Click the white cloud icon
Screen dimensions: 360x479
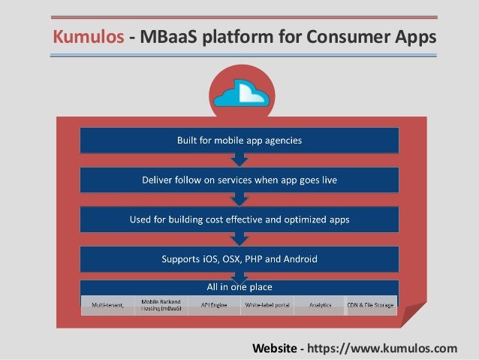(239, 93)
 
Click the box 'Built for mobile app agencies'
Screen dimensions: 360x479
(239, 140)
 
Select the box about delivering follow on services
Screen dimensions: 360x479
(239, 180)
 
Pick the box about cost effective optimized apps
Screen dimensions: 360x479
(239, 219)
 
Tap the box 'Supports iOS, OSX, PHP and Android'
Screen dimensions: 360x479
(239, 259)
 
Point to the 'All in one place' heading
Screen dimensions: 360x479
(239, 287)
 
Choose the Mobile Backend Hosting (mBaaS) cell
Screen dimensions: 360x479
(161, 304)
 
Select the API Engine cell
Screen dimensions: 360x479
(213, 304)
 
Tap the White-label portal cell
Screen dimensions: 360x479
(266, 304)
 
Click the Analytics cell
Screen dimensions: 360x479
(319, 304)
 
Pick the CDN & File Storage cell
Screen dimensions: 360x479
(370, 304)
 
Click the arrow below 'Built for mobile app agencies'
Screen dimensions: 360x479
(239, 159)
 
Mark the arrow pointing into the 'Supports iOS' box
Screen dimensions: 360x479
(239, 239)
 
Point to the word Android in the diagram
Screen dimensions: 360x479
(300, 259)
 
